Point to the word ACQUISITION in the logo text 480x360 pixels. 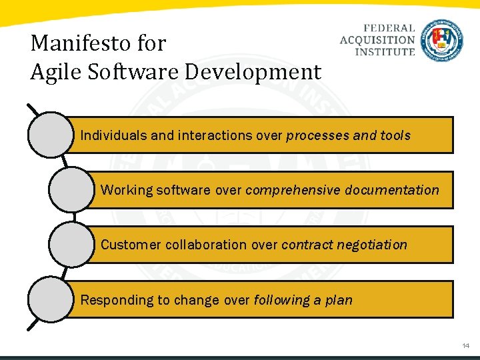(377, 39)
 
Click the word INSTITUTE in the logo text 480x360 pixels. (385, 51)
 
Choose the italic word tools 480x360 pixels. (395, 135)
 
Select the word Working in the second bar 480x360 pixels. (127, 190)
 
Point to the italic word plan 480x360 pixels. (339, 300)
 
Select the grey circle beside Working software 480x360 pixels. (71, 190)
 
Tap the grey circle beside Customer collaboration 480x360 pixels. (71, 245)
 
